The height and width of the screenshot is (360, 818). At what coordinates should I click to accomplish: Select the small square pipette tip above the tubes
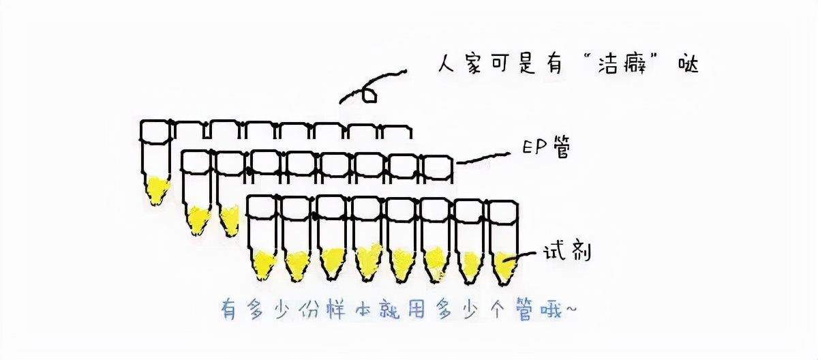(369, 95)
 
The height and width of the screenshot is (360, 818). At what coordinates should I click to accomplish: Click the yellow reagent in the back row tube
(157, 189)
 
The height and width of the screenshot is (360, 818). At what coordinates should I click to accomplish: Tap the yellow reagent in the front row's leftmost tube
(263, 264)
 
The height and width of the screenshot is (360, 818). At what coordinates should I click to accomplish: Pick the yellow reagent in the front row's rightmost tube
(504, 267)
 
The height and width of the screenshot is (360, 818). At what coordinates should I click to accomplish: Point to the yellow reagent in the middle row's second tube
(230, 220)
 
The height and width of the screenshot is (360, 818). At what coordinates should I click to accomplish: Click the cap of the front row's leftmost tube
(262, 207)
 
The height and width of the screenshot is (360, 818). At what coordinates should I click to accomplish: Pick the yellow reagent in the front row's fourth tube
(367, 261)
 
